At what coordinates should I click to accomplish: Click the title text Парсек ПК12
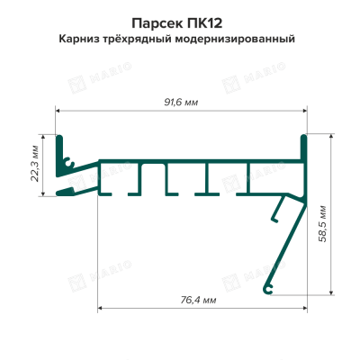177,23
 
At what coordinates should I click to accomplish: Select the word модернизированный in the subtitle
235,39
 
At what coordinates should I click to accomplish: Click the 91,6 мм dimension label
181,103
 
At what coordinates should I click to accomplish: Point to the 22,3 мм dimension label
35,164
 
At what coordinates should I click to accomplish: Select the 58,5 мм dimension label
323,224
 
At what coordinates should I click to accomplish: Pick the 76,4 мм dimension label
198,300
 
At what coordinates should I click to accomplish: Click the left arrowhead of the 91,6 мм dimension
58,111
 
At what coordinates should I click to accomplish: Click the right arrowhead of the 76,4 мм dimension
304,308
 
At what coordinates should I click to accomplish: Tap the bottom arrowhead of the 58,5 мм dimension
331,292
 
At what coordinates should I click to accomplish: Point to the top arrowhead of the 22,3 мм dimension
43,138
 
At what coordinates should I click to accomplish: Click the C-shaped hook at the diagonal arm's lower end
268,289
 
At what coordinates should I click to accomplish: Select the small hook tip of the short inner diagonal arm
274,220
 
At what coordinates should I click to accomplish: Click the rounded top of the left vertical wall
59,138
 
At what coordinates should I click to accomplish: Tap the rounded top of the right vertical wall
303,138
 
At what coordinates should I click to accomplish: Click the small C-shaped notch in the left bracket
70,163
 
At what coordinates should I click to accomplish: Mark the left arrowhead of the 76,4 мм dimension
101,308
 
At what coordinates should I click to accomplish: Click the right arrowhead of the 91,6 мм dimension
304,111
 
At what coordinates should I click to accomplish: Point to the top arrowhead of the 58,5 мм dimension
331,137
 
